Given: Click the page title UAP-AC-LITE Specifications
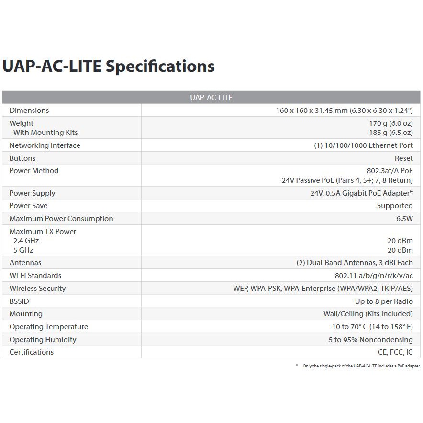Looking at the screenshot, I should pyautogui.click(x=108, y=66).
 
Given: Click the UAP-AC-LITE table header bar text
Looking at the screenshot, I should pyautogui.click(x=211, y=97).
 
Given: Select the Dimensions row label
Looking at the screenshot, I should pyautogui.click(x=29, y=111).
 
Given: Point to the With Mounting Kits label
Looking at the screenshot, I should pyautogui.click(x=45, y=133).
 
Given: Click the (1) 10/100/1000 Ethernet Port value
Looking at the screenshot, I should pyautogui.click(x=363, y=145).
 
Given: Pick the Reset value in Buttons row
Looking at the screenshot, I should pyautogui.click(x=403, y=158).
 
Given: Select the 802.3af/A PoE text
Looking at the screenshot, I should pyautogui.click(x=390, y=171).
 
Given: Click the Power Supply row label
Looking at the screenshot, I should pyautogui.click(x=32, y=193).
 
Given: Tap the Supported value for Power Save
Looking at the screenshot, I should pyautogui.click(x=394, y=206).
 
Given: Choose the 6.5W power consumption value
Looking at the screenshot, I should pyautogui.click(x=404, y=219).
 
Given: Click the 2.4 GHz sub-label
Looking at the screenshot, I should pyautogui.click(x=26, y=241).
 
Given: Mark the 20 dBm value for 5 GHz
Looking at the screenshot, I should pyautogui.click(x=400, y=250).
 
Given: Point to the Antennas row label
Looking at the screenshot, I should pyautogui.click(x=25, y=263).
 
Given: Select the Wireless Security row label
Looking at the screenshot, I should pyautogui.click(x=37, y=289).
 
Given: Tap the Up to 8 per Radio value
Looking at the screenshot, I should pyautogui.click(x=384, y=301).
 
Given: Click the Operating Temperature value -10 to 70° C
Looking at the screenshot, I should pyautogui.click(x=371, y=327).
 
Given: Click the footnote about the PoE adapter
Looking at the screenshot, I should pyautogui.click(x=361, y=366).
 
